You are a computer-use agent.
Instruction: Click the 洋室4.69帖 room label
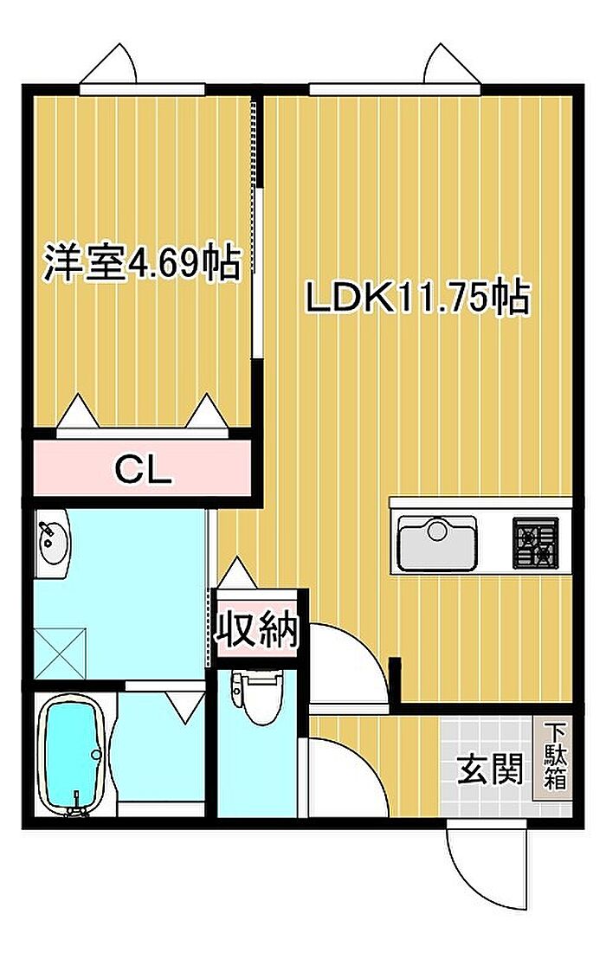click(141, 263)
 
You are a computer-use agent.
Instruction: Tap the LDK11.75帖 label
click(417, 299)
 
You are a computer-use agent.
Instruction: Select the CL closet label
click(144, 469)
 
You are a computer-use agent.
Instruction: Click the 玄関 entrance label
click(490, 770)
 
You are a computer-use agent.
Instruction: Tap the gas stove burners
click(536, 543)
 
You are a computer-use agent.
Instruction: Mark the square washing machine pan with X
click(60, 654)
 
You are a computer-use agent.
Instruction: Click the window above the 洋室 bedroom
click(142, 89)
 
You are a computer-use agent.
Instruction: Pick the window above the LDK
click(395, 89)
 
